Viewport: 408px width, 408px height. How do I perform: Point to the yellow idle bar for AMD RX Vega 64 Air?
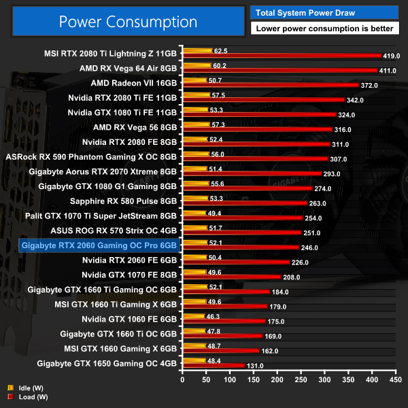click(x=197, y=65)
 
